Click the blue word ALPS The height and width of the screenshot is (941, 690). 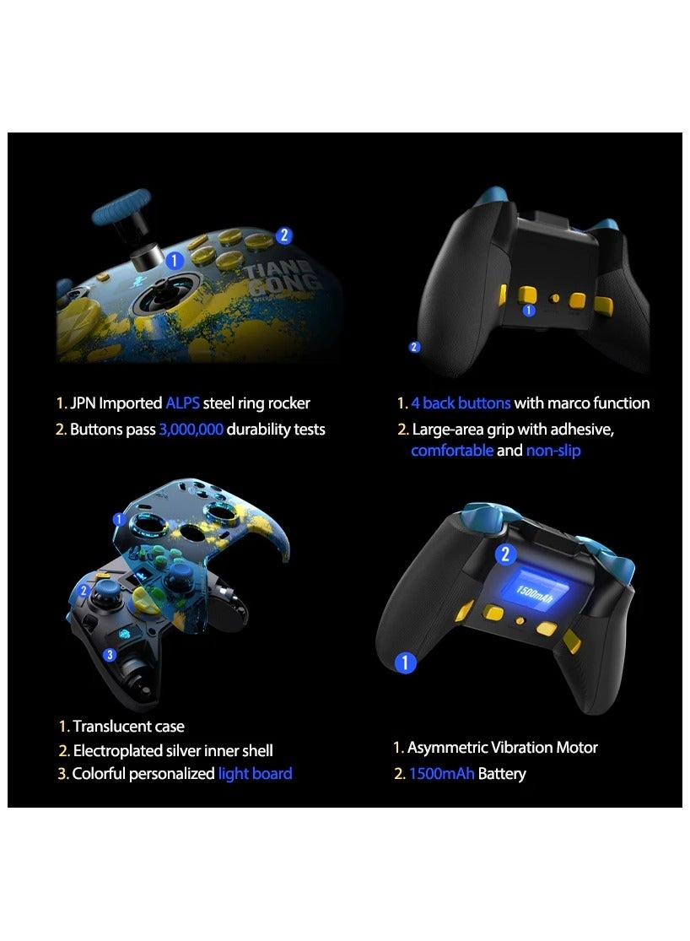[x=183, y=403]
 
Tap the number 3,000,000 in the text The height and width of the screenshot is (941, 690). [x=191, y=430]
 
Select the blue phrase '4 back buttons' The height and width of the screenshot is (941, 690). [x=461, y=403]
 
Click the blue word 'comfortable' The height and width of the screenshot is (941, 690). [x=451, y=451]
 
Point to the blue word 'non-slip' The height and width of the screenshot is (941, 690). [x=553, y=451]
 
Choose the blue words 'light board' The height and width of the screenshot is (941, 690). [x=255, y=774]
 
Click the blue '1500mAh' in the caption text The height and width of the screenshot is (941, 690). [x=441, y=774]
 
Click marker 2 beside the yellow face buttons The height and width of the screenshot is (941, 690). [x=284, y=236]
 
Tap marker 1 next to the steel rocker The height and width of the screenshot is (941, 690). [x=174, y=260]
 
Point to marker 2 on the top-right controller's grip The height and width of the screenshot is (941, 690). [x=413, y=347]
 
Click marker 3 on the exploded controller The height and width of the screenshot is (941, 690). [x=110, y=655]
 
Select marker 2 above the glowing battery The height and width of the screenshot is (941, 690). [x=505, y=554]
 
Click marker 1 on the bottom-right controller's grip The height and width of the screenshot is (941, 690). [x=405, y=663]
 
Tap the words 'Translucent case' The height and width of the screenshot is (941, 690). [x=128, y=727]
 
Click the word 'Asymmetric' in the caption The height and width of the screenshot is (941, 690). [x=448, y=748]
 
